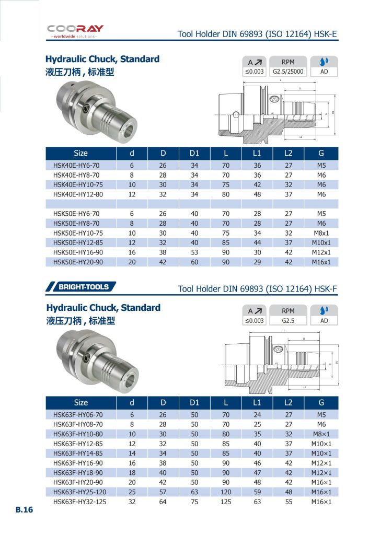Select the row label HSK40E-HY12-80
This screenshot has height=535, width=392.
[76, 194]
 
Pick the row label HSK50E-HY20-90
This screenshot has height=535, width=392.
[76, 262]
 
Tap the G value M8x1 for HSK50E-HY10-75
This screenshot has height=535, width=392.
[321, 233]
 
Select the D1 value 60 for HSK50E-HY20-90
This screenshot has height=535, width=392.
[194, 262]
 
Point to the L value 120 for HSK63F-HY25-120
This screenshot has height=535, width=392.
[226, 492]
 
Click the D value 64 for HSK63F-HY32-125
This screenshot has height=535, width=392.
[163, 502]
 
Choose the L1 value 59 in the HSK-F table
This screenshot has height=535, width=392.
[257, 492]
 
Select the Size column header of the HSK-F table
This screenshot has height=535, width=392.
[81, 402]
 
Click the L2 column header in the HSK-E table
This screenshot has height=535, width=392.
[289, 154]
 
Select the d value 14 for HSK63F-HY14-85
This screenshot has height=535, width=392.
[132, 452]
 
